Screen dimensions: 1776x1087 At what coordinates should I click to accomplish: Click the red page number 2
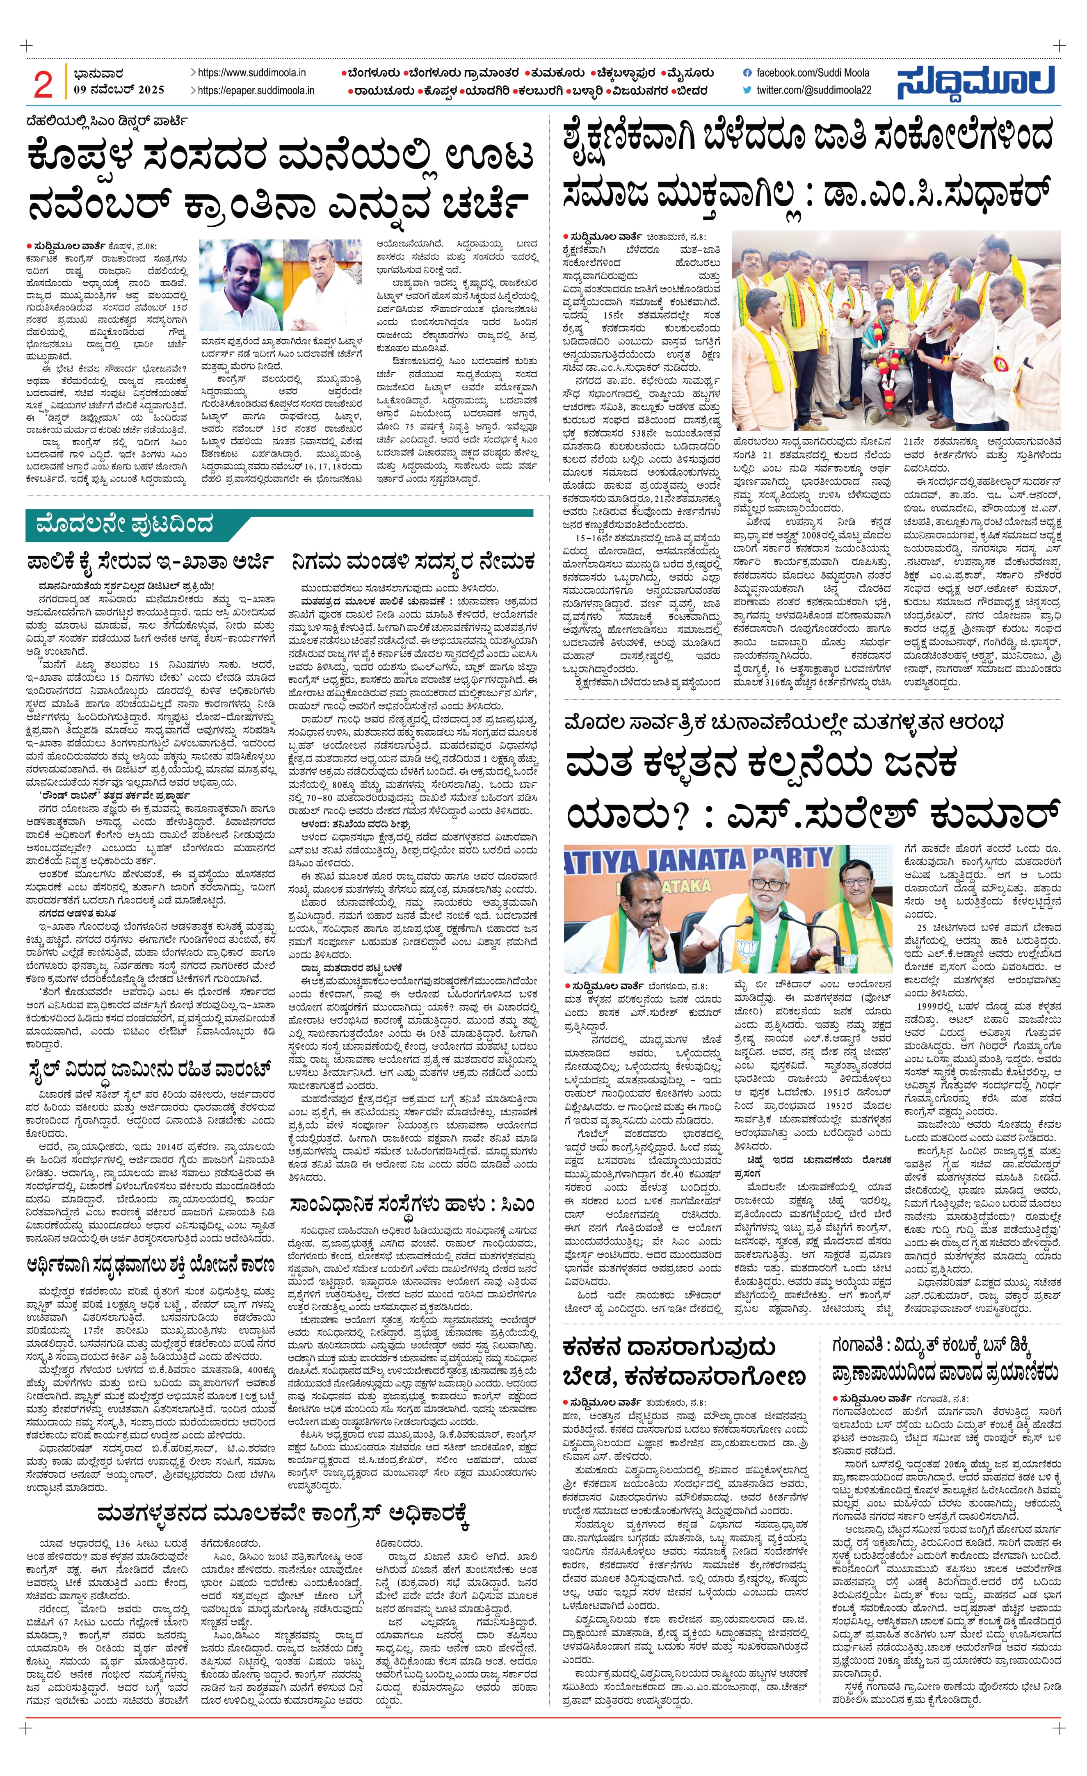tap(43, 84)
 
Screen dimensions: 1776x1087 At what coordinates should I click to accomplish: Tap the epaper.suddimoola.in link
tap(256, 90)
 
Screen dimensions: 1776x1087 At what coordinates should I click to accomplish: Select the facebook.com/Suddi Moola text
tap(812, 73)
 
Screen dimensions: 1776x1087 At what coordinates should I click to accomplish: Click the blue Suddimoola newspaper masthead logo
tap(976, 82)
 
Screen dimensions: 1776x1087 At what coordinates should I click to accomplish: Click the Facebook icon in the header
tap(747, 73)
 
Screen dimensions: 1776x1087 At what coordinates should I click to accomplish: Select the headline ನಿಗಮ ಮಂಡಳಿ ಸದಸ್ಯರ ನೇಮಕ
tap(413, 561)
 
